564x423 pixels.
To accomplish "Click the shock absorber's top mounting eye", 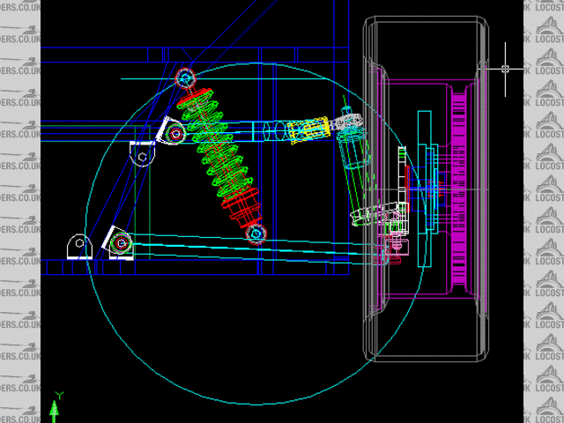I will coord(185,78).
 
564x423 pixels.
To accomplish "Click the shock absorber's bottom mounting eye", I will coord(256,234).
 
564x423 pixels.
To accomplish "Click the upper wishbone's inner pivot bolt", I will coord(175,134).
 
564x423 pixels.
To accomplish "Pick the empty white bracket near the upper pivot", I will coord(142,155).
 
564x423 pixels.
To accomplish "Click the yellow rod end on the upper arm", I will coord(308,130).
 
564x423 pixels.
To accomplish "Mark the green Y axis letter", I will coord(58,396).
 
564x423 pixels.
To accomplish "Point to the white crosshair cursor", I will coord(506,68).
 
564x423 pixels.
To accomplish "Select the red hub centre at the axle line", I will coord(433,189).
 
